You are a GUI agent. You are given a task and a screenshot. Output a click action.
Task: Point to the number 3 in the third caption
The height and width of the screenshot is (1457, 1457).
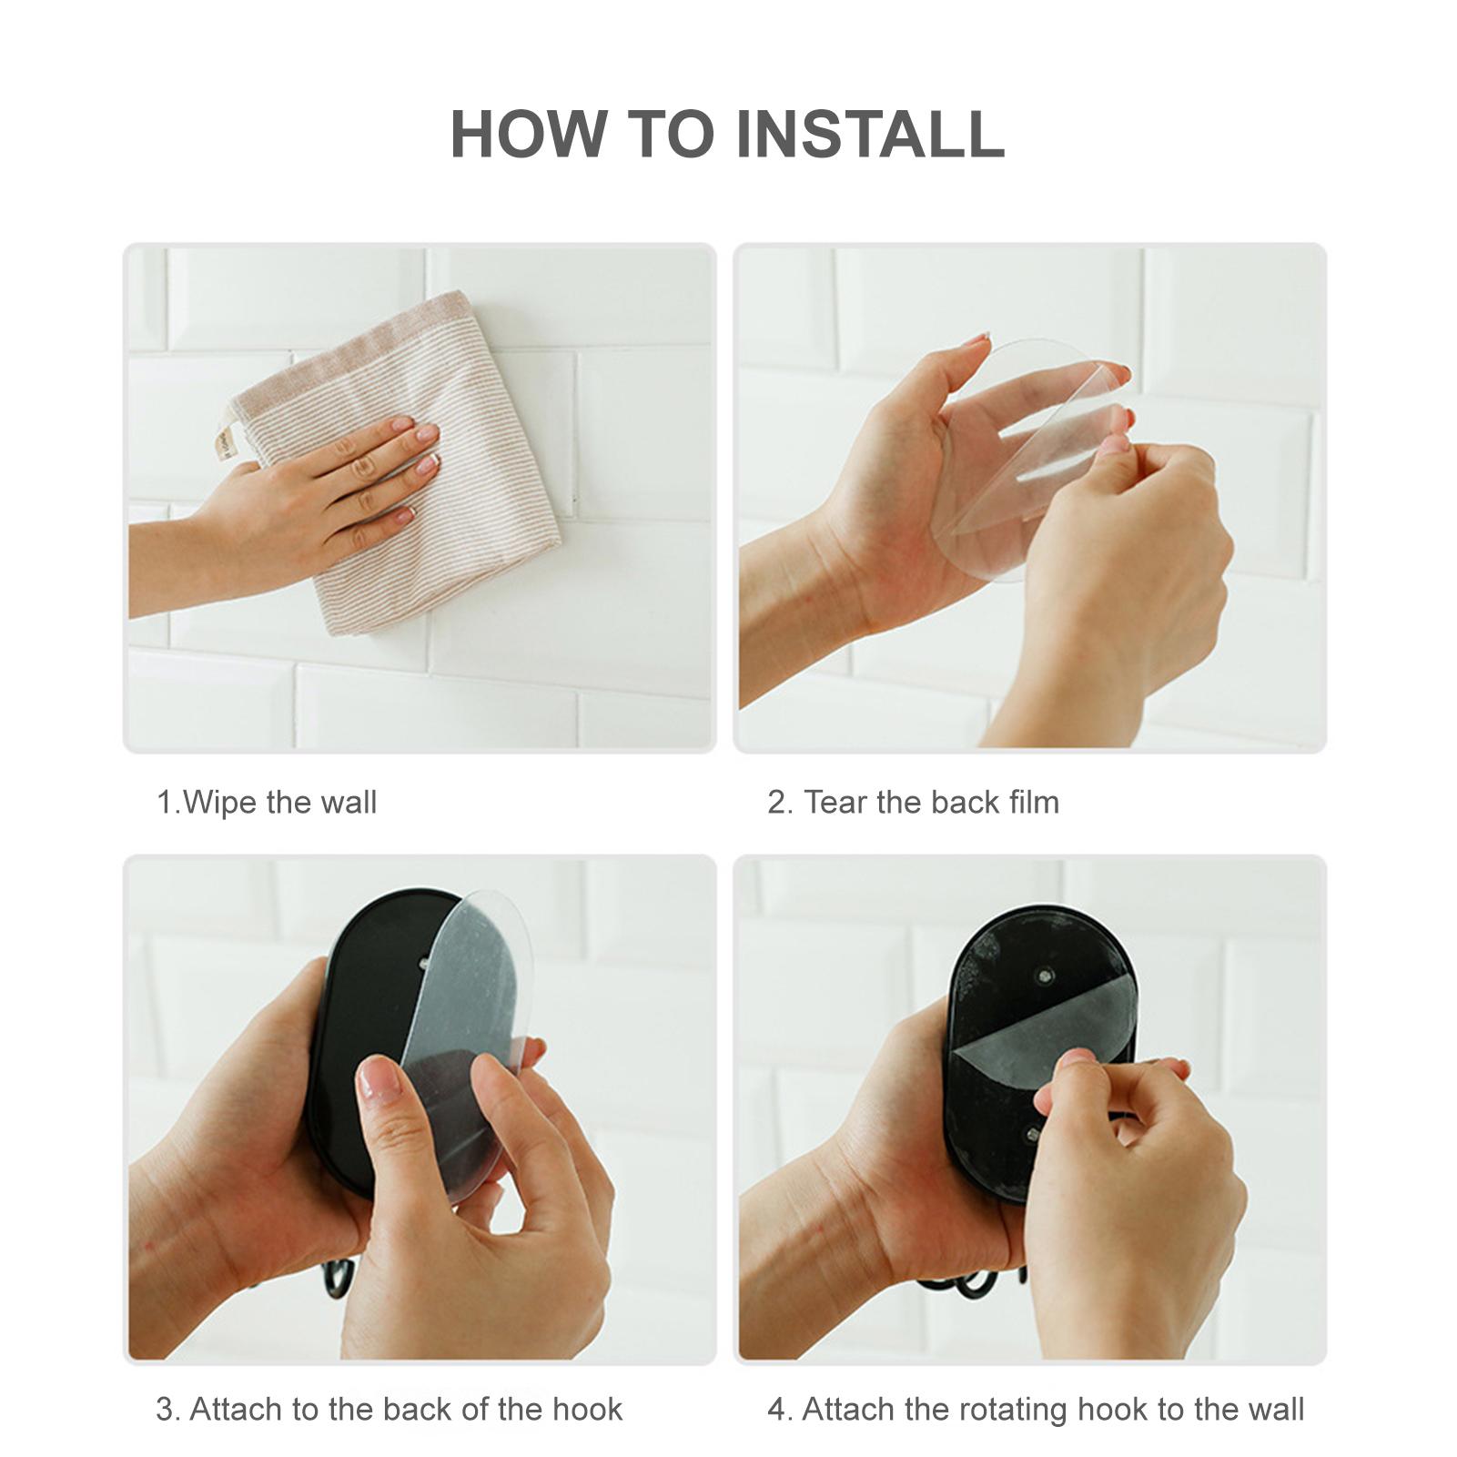click(165, 1410)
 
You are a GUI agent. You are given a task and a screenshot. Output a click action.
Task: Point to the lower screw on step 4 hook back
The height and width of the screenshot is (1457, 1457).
click(1033, 1134)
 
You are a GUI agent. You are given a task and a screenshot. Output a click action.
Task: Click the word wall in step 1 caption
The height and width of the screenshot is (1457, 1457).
click(349, 803)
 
